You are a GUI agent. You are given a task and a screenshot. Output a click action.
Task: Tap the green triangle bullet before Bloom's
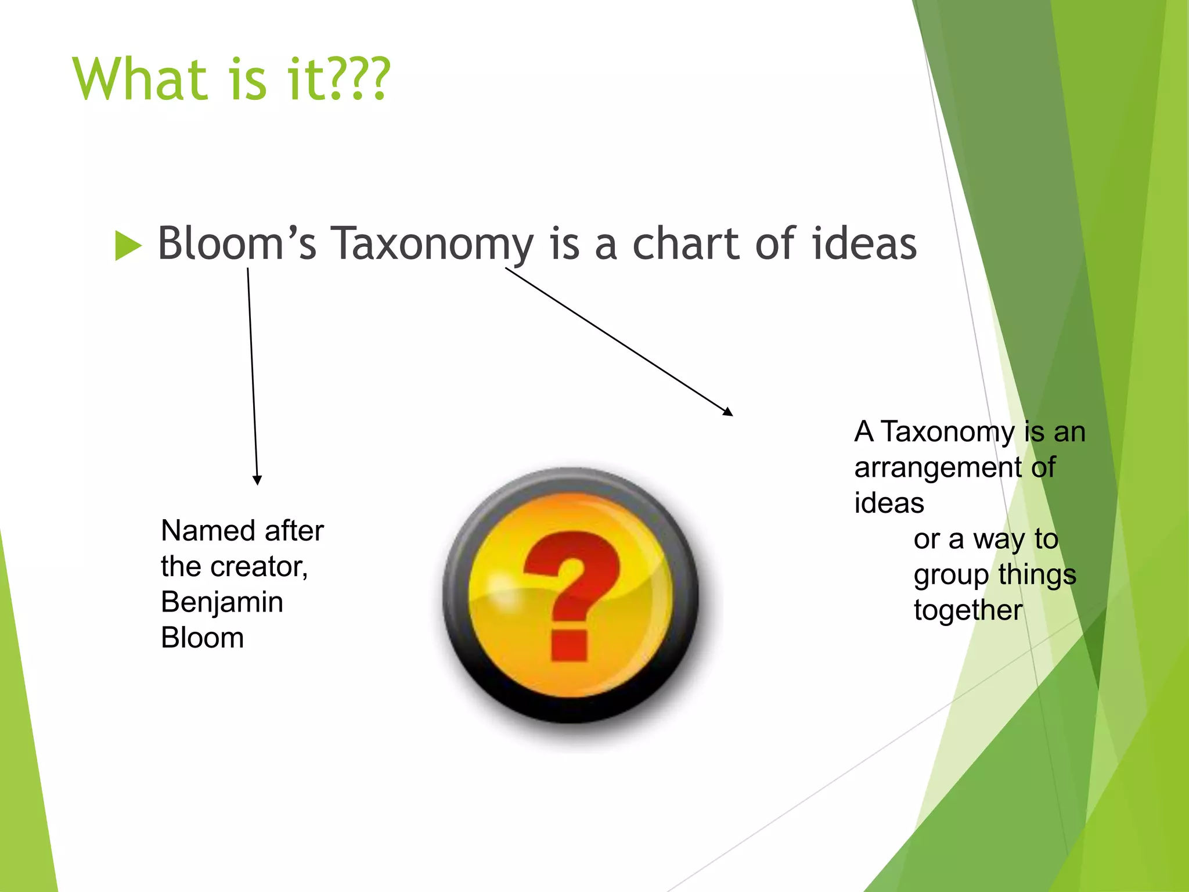point(128,246)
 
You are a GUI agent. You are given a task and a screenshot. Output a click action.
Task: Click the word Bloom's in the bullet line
point(237,243)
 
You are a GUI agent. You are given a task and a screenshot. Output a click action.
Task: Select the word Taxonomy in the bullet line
point(432,244)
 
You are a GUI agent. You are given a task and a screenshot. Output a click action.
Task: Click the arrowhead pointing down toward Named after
point(257,480)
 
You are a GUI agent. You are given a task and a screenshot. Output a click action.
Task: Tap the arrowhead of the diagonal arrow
point(728,412)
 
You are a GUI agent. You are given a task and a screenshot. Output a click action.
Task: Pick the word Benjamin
point(222,603)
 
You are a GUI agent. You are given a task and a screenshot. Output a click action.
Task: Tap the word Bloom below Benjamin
point(202,638)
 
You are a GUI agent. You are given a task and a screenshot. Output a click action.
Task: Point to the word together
point(968,610)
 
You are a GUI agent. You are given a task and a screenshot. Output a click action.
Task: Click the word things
point(1037,575)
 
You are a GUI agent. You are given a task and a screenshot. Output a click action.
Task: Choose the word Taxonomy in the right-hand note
point(948,433)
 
